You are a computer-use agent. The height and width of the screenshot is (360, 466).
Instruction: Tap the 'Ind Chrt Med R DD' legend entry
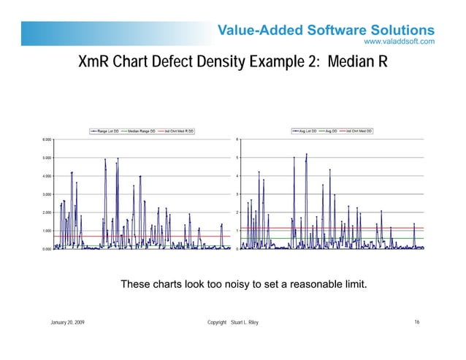177,131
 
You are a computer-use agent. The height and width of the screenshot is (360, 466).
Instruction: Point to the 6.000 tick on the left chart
46,139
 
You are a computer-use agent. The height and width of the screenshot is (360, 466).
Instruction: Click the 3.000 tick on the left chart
46,194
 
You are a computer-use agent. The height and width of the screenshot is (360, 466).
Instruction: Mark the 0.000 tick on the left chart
46,249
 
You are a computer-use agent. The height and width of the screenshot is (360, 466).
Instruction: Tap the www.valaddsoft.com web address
400,42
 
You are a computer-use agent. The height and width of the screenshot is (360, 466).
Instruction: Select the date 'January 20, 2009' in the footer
66,322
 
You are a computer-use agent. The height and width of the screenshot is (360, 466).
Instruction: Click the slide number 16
416,322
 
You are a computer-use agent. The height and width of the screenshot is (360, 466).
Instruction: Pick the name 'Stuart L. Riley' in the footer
244,322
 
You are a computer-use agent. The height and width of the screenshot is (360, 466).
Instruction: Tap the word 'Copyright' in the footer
217,322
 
